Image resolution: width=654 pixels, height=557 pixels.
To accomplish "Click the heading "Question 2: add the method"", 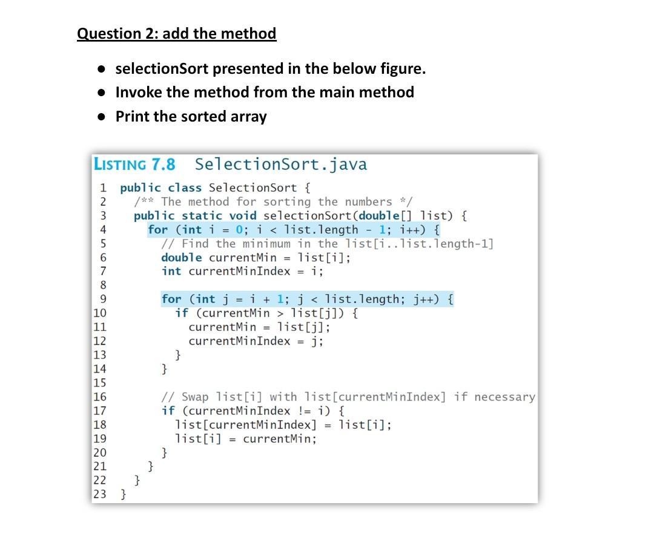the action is (176, 33).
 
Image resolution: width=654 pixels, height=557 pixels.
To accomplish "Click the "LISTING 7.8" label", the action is (134, 164).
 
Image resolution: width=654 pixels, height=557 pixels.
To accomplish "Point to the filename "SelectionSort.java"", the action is (281, 164).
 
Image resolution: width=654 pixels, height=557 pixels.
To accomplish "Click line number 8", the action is (103, 285).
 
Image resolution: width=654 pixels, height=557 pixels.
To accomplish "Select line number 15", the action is (99, 382).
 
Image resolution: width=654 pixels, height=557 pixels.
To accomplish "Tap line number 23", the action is (99, 494).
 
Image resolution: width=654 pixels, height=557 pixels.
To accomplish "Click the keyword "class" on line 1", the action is (185, 187).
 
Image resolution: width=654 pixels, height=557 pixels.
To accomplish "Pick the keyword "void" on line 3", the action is (243, 215).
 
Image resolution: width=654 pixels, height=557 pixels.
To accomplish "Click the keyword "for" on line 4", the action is (157, 230).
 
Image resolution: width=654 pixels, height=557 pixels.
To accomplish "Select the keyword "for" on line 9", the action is (171, 299).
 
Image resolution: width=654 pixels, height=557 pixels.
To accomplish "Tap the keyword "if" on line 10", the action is (182, 313).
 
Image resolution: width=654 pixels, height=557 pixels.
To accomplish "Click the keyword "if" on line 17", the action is (168, 411).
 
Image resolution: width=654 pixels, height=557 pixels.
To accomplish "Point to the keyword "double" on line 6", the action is (182, 257).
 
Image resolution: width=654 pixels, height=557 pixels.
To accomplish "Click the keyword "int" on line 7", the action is (171, 271).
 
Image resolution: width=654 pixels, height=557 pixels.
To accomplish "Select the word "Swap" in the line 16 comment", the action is (195, 397).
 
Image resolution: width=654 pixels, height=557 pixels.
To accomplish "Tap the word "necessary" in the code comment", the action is (504, 397).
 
